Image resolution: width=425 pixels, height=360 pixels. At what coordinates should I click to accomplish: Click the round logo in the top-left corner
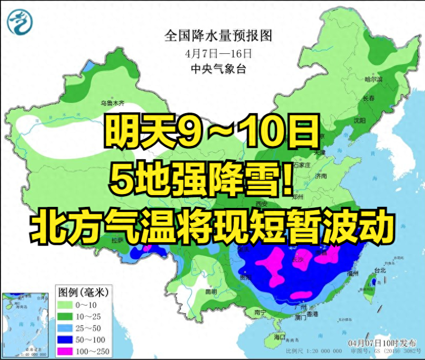[19, 22]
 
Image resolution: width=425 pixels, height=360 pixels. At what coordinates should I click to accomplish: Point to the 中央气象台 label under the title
[218, 68]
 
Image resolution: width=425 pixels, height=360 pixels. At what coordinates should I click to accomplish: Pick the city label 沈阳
[359, 120]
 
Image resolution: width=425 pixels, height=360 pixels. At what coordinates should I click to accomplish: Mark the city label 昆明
[211, 291]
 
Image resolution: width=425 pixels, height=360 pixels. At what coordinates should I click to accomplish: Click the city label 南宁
[260, 311]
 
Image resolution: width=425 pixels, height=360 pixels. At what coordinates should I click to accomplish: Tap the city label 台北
[380, 270]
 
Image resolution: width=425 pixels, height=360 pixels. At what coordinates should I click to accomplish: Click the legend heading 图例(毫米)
[82, 292]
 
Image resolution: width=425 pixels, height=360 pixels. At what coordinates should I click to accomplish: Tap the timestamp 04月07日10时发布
[382, 343]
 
